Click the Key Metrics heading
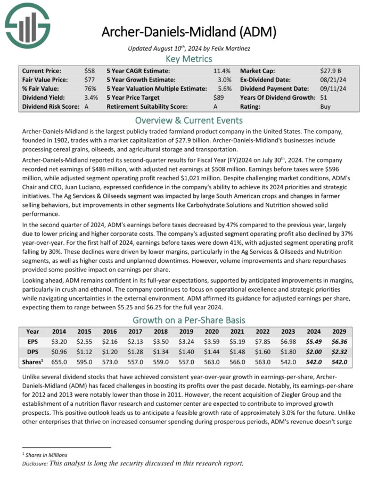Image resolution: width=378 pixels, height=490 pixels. point(189,59)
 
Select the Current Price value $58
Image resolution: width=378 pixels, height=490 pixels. point(89,70)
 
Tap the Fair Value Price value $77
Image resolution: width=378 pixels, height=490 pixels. point(89,79)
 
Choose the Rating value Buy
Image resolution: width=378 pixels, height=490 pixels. point(325,107)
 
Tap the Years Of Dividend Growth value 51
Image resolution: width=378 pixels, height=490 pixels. point(324,98)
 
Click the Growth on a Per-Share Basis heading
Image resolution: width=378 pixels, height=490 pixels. point(189,320)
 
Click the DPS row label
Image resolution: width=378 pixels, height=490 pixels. point(32,351)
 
